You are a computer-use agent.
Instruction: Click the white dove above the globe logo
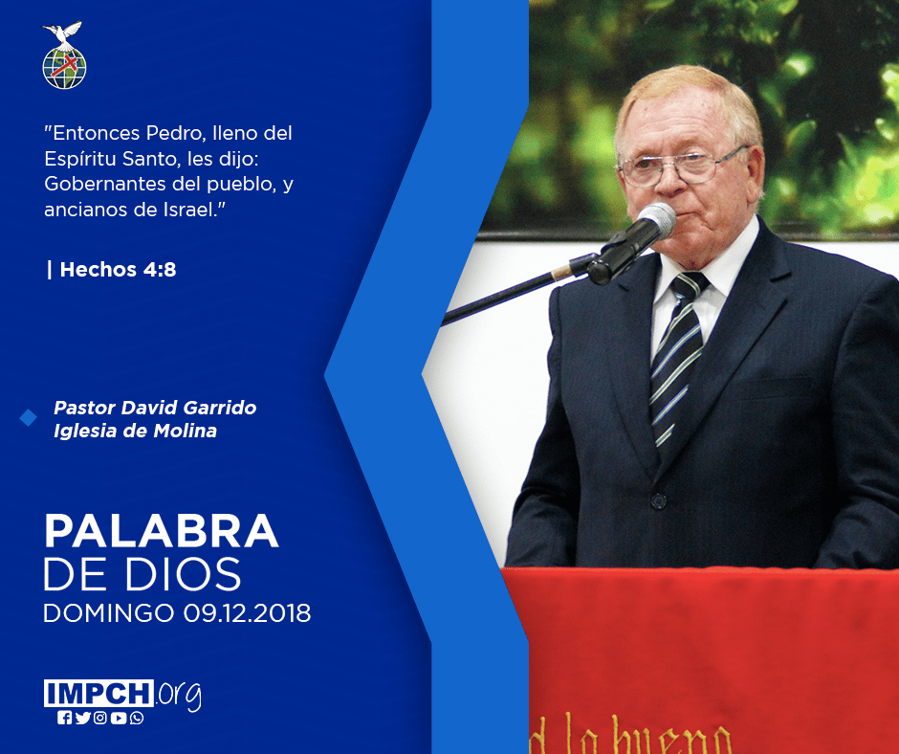[x=62, y=33]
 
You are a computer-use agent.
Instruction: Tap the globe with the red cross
[x=64, y=68]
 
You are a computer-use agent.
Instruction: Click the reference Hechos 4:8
[x=118, y=269]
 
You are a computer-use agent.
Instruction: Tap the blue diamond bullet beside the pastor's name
[x=28, y=418]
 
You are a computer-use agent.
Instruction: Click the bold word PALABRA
[x=161, y=531]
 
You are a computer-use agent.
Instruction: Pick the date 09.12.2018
[x=247, y=612]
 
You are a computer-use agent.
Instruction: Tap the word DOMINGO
[x=109, y=612]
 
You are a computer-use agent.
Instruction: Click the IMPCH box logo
[x=99, y=693]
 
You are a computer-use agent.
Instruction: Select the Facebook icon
[x=65, y=718]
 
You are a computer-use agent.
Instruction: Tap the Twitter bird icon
[x=82, y=718]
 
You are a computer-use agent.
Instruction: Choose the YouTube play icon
[x=119, y=718]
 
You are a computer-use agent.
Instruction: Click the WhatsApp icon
[x=137, y=718]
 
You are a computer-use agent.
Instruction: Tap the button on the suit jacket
[x=658, y=501]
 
